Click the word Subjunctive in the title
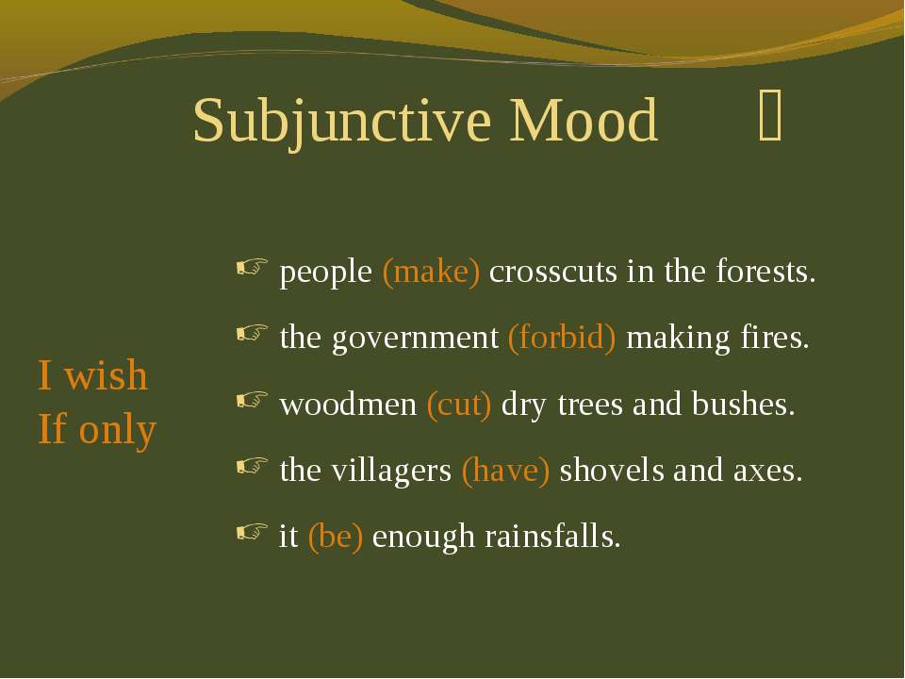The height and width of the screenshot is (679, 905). click(x=342, y=122)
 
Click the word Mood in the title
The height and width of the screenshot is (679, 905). click(x=583, y=120)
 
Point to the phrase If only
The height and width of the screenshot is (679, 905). click(x=97, y=429)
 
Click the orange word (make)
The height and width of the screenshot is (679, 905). click(x=431, y=272)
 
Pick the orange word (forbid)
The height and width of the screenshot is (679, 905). click(x=562, y=338)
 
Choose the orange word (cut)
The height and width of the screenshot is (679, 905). click(x=459, y=405)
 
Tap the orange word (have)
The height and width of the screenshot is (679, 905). click(x=505, y=470)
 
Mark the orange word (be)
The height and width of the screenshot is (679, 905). click(x=336, y=537)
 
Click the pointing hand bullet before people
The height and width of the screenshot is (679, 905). click(x=253, y=267)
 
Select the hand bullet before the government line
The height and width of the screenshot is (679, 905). click(x=253, y=333)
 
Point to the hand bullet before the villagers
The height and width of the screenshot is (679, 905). click(x=253, y=465)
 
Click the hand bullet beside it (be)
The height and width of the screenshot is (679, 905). click(x=253, y=532)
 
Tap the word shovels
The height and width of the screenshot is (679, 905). click(x=612, y=470)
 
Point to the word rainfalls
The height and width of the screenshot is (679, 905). click(x=552, y=536)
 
